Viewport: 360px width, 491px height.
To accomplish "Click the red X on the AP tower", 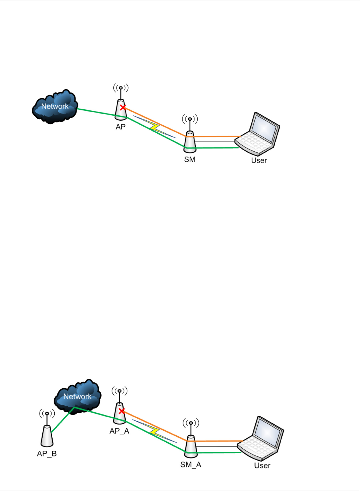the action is coord(122,107).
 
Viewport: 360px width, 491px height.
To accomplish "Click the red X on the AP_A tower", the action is coord(122,411).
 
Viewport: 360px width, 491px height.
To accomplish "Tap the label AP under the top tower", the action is coord(121,127).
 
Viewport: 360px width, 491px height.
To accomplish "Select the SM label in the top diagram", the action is coord(190,159).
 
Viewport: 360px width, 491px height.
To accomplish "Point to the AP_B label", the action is coord(47,454).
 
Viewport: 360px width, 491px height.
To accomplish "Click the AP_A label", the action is coord(119,431).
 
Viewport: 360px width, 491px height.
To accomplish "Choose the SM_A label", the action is coord(191,465).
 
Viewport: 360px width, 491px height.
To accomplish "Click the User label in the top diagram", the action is coord(259,160).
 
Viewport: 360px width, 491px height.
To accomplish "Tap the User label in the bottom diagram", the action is coord(262,466).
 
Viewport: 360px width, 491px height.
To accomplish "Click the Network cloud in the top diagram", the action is coord(55,106).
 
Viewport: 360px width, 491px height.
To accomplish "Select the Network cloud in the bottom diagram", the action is coord(77,396).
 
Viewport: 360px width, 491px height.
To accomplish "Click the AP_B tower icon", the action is coord(47,436).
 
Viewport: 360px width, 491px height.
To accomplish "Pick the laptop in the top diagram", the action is coord(258,134).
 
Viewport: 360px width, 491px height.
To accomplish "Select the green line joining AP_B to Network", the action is coord(62,420).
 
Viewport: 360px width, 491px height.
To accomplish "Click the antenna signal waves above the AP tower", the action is coord(121,87).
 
